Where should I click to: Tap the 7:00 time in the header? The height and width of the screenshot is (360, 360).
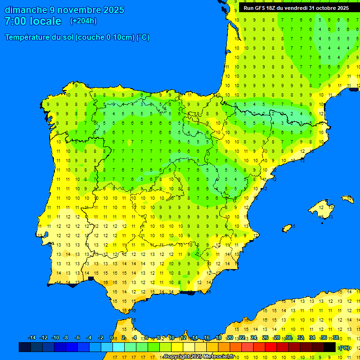(15, 21)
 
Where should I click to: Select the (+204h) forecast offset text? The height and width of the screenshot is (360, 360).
(83, 21)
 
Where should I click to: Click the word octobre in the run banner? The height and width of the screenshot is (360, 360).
(322, 8)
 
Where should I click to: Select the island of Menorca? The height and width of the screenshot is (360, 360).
(347, 199)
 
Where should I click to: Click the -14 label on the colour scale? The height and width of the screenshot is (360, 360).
(32, 338)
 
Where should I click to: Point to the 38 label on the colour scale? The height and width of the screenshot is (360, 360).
(336, 338)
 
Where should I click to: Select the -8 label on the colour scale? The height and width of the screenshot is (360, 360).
(66, 338)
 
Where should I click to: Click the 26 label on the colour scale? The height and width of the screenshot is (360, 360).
(265, 338)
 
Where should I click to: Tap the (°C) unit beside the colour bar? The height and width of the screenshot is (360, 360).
(345, 347)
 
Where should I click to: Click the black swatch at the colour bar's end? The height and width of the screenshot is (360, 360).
(330, 347)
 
